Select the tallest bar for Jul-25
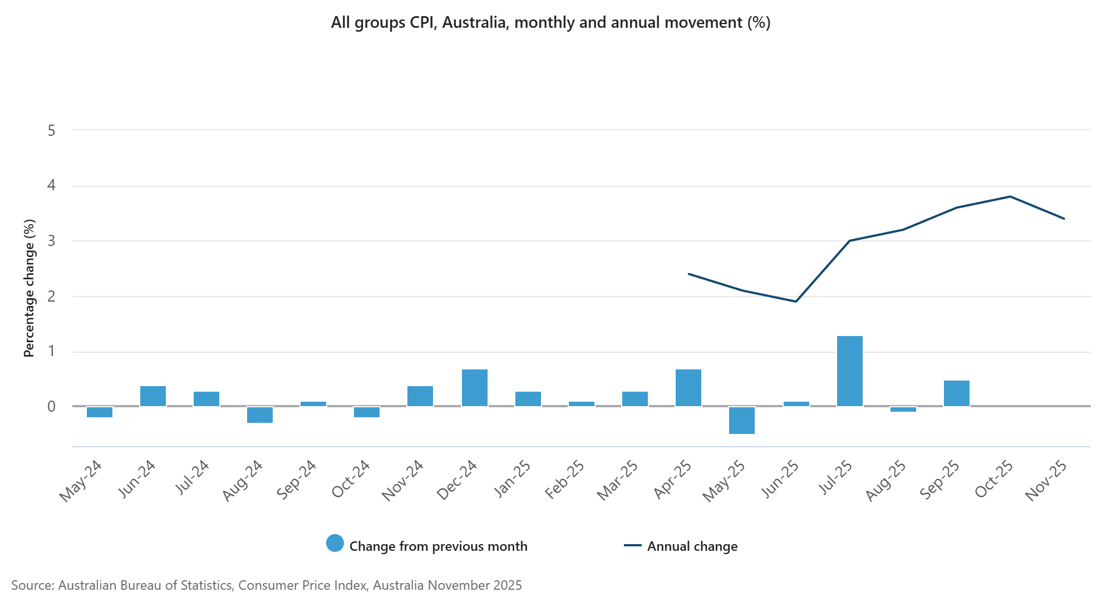[x=849, y=371]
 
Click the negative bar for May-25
[x=742, y=420]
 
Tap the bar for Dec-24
[x=475, y=388]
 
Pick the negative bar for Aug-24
[x=260, y=414]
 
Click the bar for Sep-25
[x=957, y=393]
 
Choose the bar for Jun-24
[x=153, y=396]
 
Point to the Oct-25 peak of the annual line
[x=1010, y=196]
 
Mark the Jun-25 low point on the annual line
[x=796, y=302]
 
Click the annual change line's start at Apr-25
[x=688, y=274]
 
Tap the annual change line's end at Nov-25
[x=1064, y=219]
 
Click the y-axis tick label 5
[x=52, y=131]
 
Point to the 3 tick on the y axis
[x=52, y=241]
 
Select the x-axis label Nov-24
[x=403, y=481]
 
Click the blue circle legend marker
[x=335, y=543]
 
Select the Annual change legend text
[x=692, y=546]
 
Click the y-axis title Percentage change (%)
[x=29, y=288]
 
